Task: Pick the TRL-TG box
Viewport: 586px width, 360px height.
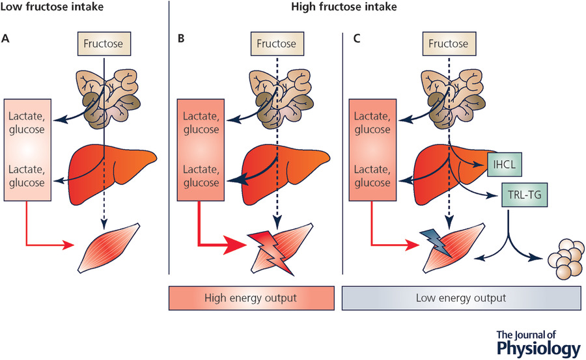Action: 524,195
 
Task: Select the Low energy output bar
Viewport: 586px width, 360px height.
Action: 462,299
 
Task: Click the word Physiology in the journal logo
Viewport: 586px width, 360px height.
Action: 537,348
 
